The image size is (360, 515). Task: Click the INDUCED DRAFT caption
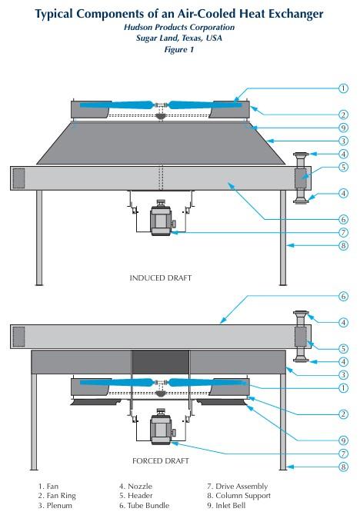pyautogui.click(x=160, y=277)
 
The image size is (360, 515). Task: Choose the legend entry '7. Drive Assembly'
pyautogui.click(x=238, y=487)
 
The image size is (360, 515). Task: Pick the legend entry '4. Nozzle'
pyautogui.click(x=136, y=487)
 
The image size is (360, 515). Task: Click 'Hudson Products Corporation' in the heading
pyautogui.click(x=180, y=27)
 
